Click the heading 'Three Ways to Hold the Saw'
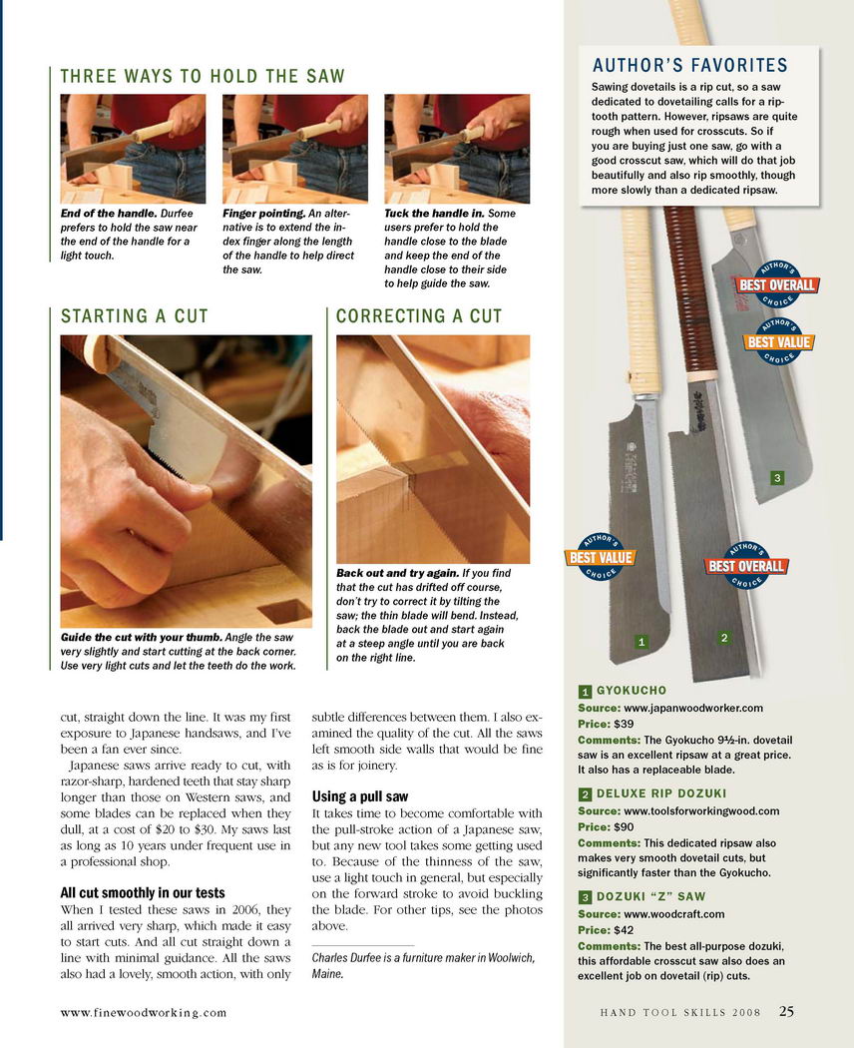pos(203,76)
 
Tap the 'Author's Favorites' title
pos(690,66)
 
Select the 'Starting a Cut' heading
pos(135,316)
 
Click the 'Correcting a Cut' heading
pos(419,316)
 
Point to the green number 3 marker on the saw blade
pos(776,478)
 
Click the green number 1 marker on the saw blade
pos(641,642)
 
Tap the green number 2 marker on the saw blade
pos(723,638)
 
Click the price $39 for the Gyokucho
pos(625,724)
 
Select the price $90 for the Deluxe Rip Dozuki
pos(625,826)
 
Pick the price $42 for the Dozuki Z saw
pos(625,929)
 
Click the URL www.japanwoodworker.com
pos(693,709)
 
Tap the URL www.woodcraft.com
pos(673,914)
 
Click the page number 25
pos(786,1011)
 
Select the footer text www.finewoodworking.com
pos(144,1013)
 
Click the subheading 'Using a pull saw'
pos(359,796)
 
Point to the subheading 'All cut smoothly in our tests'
pos(143,893)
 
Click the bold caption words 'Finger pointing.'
pos(264,214)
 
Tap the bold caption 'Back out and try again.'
pos(398,573)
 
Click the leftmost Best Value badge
pos(601,557)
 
